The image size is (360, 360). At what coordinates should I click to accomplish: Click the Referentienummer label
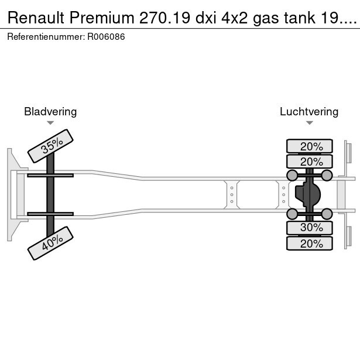pyautogui.click(x=45, y=37)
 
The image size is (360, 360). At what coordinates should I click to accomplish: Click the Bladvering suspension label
pyautogui.click(x=50, y=111)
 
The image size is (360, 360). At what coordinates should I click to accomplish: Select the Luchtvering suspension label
pyautogui.click(x=309, y=111)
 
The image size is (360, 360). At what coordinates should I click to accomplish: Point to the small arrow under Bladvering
pyautogui.click(x=50, y=123)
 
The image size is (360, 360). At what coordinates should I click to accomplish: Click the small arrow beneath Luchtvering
pyautogui.click(x=309, y=123)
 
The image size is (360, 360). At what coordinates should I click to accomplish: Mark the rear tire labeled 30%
pyautogui.click(x=309, y=227)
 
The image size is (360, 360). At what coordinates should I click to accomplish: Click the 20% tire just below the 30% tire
pyautogui.click(x=309, y=244)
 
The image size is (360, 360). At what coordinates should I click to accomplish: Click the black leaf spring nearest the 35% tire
pyautogui.click(x=50, y=175)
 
